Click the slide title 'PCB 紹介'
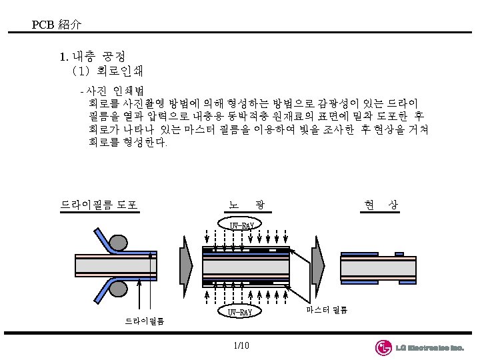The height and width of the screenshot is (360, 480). point(57,25)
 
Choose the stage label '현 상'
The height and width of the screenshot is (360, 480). point(381,205)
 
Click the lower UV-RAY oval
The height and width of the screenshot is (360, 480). point(240,311)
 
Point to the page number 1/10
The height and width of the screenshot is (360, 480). point(241,345)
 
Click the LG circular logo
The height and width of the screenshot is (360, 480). point(383,347)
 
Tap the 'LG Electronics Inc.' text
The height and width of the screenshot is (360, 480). point(429,348)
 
